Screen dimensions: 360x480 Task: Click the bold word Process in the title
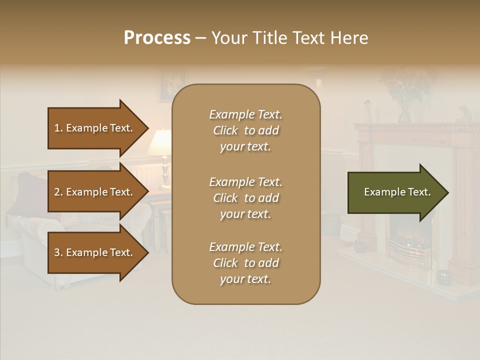click(x=157, y=38)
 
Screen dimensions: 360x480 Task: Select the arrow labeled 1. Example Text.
click(x=95, y=128)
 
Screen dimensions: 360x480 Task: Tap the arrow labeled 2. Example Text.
click(x=95, y=192)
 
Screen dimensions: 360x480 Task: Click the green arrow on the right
click(x=395, y=192)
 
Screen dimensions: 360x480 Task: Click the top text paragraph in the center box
click(x=245, y=130)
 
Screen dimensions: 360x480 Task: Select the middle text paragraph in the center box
click(x=245, y=197)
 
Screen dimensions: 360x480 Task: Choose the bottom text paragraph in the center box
click(x=245, y=263)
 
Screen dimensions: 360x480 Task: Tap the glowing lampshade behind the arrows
click(x=160, y=142)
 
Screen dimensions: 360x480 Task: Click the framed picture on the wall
click(x=170, y=85)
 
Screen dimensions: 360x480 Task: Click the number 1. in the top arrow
click(x=58, y=128)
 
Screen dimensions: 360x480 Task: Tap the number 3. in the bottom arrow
click(x=58, y=253)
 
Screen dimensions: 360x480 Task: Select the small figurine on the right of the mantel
click(x=463, y=114)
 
